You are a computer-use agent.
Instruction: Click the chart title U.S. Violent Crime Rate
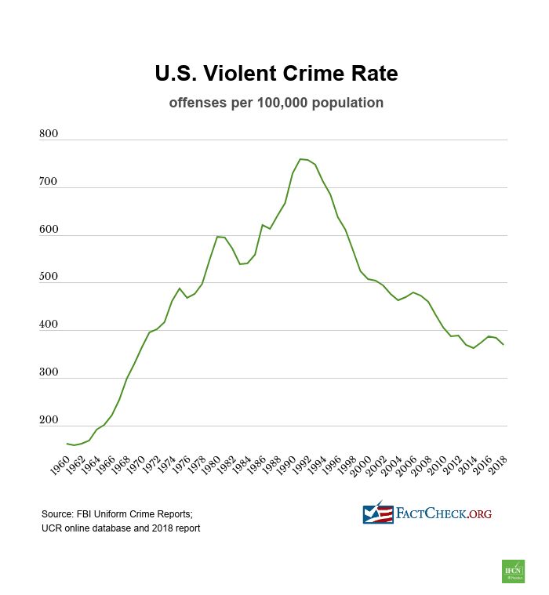click(x=276, y=74)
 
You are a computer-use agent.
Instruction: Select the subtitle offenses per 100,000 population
click(x=276, y=103)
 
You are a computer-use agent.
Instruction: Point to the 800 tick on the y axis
click(x=49, y=135)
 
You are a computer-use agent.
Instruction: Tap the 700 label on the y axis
click(x=49, y=182)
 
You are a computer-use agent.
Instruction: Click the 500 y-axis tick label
click(x=49, y=278)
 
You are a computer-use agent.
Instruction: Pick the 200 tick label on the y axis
click(x=49, y=421)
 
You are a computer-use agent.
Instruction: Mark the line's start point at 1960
click(x=67, y=444)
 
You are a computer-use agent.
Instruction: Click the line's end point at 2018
click(x=503, y=345)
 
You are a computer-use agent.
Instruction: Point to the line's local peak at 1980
click(x=217, y=236)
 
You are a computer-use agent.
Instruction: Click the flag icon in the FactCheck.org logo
click(x=377, y=513)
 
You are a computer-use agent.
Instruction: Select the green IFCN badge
click(x=513, y=571)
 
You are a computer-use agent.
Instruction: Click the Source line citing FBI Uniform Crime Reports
click(x=116, y=513)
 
